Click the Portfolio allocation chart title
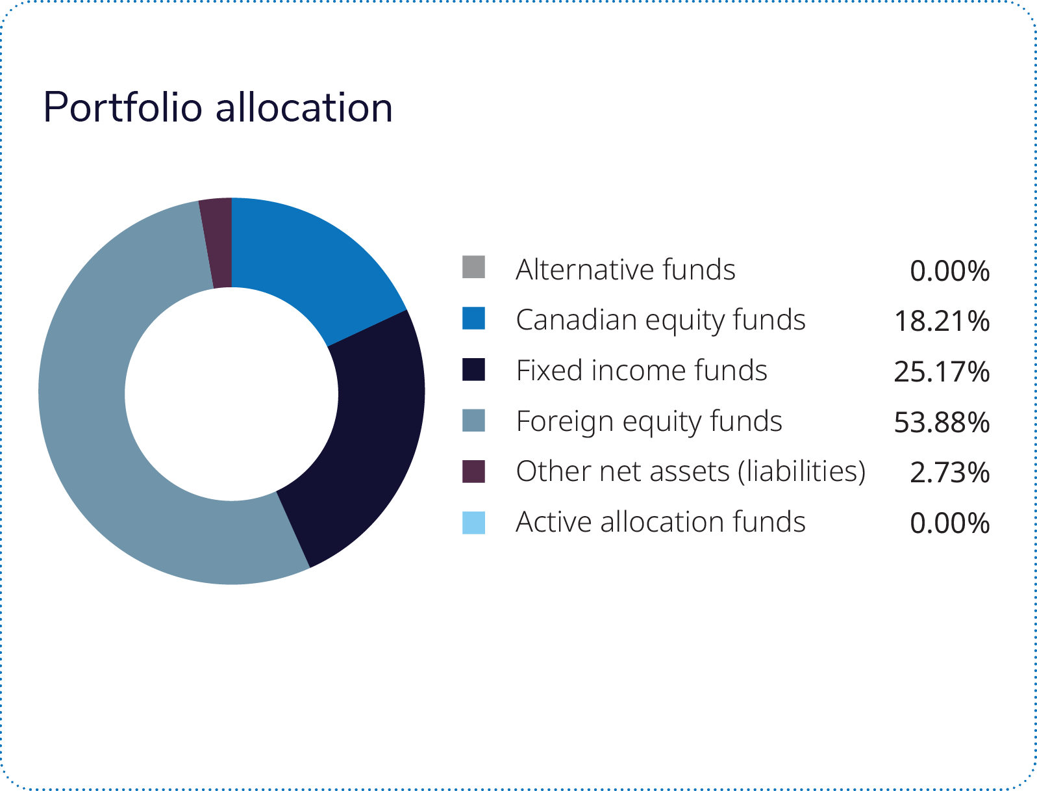(218, 107)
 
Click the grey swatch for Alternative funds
(473, 267)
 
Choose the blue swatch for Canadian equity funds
(473, 318)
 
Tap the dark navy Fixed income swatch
(473, 369)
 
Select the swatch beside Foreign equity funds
(473, 420)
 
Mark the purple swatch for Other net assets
(473, 471)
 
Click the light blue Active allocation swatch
(473, 523)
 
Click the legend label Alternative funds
(625, 269)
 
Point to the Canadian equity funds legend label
(660, 320)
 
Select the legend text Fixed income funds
(642, 370)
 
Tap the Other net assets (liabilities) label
(691, 472)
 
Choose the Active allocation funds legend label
(660, 522)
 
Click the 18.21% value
(942, 321)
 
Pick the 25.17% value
(942, 372)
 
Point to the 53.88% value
(942, 422)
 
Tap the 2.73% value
(949, 473)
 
